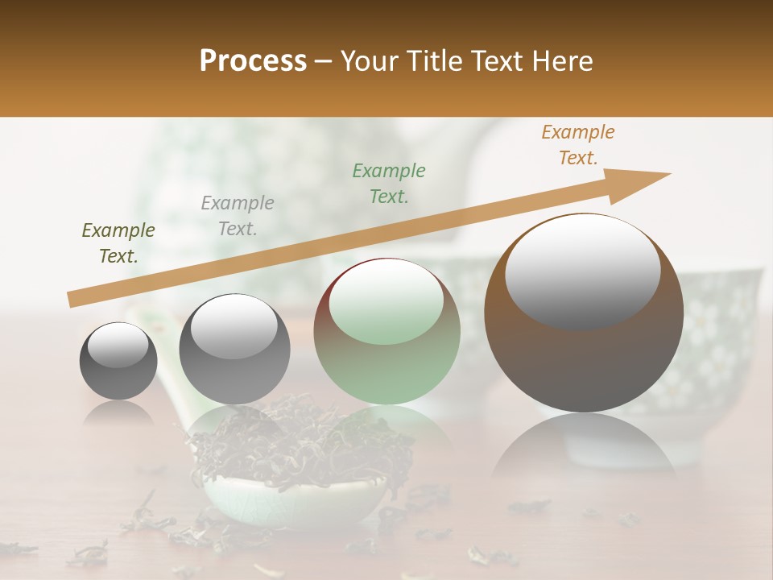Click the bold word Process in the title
(253, 61)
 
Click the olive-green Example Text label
(118, 243)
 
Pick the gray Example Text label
(238, 216)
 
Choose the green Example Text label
(389, 183)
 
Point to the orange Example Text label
(578, 145)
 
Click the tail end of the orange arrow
(74, 299)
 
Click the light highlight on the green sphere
(386, 300)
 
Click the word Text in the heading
(493, 61)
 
